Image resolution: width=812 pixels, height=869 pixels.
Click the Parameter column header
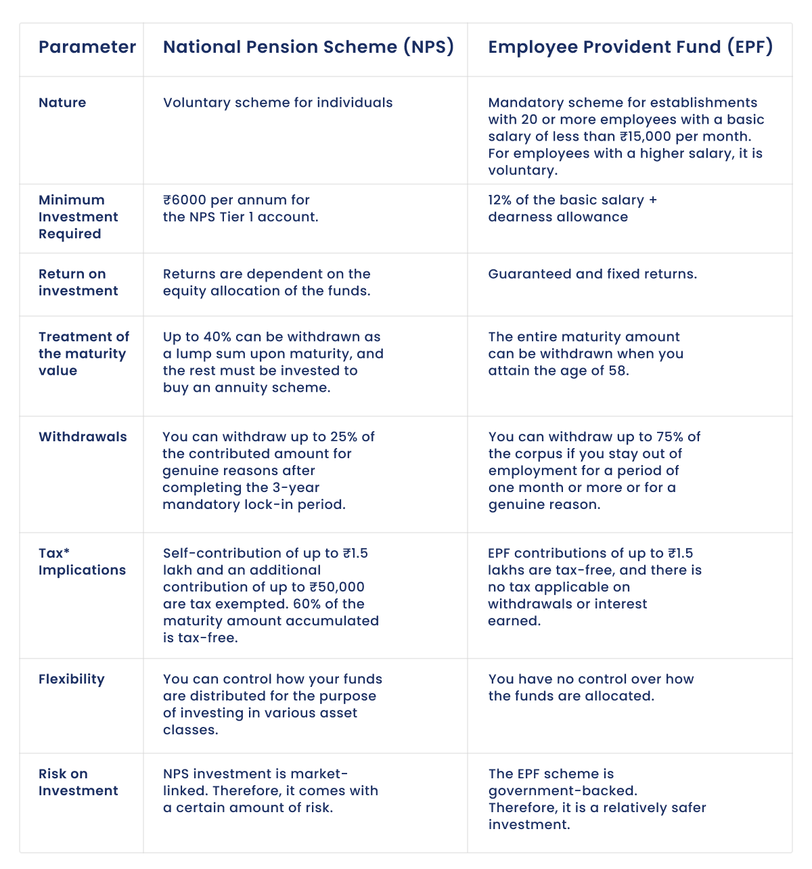pos(87,47)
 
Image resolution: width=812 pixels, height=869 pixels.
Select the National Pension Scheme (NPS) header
pos(308,47)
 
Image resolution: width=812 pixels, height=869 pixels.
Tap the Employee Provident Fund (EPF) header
pos(630,47)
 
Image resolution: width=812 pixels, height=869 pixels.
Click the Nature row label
pos(62,103)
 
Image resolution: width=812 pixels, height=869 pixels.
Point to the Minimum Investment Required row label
pos(78,217)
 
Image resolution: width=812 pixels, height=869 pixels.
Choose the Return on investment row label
pos(78,282)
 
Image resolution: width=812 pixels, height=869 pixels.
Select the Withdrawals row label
pos(83,437)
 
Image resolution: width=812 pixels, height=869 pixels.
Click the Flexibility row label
pos(71,679)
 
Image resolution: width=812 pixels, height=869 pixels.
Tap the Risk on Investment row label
pos(78,782)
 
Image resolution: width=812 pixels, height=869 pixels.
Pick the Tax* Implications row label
pos(82,562)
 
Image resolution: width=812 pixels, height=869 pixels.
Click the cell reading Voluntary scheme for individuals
pos(277,103)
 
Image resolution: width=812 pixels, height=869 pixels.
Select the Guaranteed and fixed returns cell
pos(592,274)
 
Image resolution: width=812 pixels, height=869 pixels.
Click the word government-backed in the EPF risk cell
pos(561,791)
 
